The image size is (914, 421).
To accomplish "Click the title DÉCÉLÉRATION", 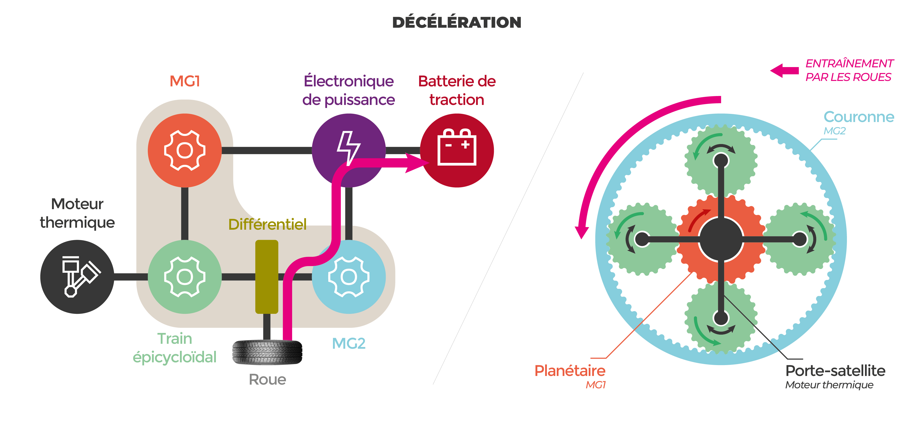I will click(x=457, y=22).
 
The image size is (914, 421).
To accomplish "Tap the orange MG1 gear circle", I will click(x=184, y=150).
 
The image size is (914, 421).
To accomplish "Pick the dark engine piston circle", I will click(x=77, y=277).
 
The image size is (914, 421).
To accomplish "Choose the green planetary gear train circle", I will click(x=184, y=277).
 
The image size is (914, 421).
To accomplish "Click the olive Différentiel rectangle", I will click(x=267, y=277).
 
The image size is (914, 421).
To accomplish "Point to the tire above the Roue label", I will click(x=267, y=352).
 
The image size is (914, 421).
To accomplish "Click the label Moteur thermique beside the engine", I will click(x=77, y=213).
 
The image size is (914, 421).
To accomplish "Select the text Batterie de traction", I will click(x=457, y=90).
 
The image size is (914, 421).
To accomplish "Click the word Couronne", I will click(x=859, y=117).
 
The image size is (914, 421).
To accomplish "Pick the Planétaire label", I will click(x=570, y=371).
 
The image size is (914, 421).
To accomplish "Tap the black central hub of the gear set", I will click(x=721, y=239).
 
